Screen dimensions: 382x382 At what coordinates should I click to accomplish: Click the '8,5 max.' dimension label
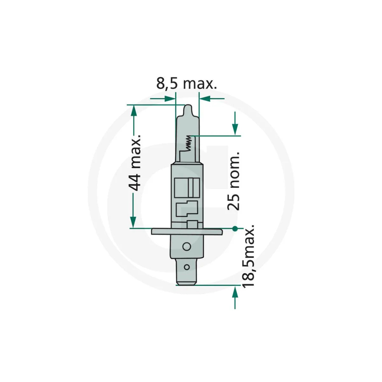(x=187, y=84)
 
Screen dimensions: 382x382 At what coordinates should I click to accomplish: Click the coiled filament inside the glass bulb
(x=189, y=143)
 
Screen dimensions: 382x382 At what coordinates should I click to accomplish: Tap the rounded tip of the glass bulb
(x=187, y=110)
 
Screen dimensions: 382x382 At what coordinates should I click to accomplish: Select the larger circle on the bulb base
(x=187, y=247)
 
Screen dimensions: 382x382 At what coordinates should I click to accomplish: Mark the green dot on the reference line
(x=235, y=228)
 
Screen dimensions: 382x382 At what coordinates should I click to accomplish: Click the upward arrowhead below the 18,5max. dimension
(x=235, y=291)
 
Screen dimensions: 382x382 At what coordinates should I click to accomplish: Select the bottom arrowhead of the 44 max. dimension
(x=133, y=222)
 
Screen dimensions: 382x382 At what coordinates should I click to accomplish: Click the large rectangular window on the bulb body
(x=187, y=187)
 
